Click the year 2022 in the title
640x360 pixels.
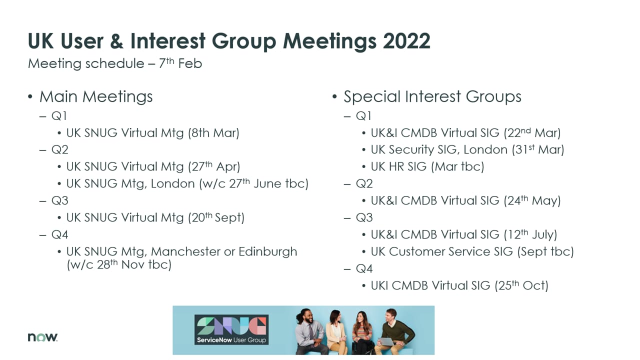(x=406, y=41)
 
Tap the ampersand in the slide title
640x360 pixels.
(x=117, y=41)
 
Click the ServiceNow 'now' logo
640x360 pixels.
(x=42, y=337)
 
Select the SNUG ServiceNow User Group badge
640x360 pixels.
(x=231, y=329)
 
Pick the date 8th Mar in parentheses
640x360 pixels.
(x=213, y=133)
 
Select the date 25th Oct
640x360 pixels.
(x=521, y=285)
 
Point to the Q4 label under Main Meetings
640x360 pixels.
(x=59, y=235)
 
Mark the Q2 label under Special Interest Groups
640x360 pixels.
(x=364, y=183)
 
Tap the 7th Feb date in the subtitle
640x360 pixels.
(x=180, y=63)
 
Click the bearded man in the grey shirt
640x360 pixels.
(x=311, y=331)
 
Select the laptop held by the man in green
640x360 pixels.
(x=386, y=341)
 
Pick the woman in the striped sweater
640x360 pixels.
(x=362, y=333)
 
